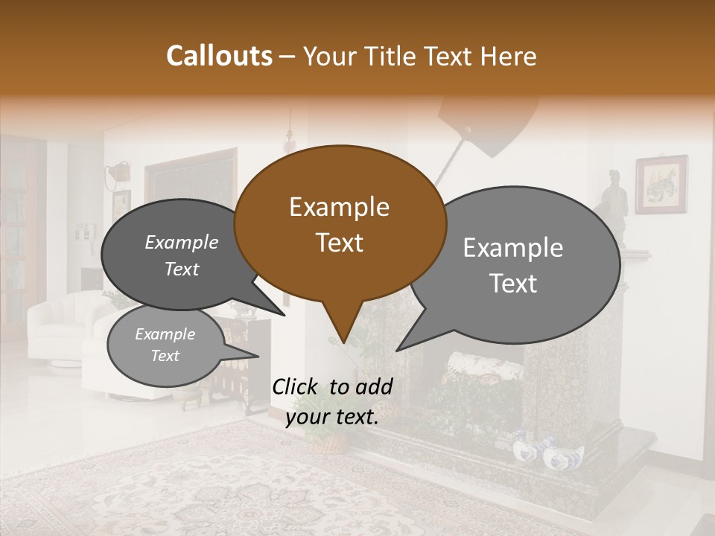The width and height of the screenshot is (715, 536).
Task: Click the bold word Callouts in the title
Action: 219,56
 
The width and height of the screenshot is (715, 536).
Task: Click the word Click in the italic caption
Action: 297,386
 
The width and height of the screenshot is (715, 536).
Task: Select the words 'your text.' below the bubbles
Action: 332,418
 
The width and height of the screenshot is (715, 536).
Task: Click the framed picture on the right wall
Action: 661,184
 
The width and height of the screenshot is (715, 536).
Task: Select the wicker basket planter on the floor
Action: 328,443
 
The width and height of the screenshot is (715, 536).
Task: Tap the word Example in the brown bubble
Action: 339,207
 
